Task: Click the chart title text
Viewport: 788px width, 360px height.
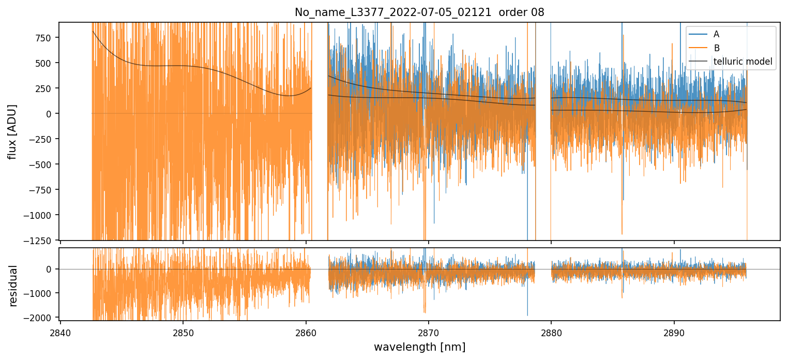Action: (419, 12)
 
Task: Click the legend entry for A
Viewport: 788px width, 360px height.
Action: (716, 34)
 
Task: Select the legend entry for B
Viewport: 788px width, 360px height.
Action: (716, 48)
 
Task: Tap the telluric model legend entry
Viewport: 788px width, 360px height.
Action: (742, 62)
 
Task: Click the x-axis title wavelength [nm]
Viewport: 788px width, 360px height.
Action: (419, 347)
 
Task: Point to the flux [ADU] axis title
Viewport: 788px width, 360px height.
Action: (12, 131)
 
